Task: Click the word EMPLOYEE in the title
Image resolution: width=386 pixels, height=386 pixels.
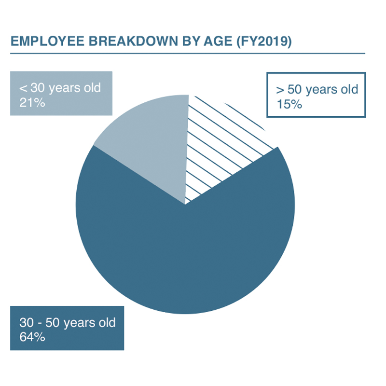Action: tap(47, 41)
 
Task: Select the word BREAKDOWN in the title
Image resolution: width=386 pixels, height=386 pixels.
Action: tap(133, 41)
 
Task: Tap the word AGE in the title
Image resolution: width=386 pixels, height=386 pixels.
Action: tap(218, 41)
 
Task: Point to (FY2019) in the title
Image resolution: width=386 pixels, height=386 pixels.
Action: tap(264, 41)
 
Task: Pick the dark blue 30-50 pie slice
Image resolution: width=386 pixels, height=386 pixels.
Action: tap(185, 246)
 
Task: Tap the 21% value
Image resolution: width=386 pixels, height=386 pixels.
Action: tap(32, 103)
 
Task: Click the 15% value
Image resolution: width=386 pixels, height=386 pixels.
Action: tap(289, 104)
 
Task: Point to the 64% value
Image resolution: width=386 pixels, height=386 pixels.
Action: tap(32, 337)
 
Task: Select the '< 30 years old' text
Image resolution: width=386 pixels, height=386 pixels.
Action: tap(60, 88)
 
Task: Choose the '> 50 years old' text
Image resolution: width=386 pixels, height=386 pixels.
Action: tap(317, 89)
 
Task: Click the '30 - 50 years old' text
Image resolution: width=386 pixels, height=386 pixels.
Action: tap(68, 323)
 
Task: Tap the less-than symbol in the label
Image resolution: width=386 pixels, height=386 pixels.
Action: tap(23, 88)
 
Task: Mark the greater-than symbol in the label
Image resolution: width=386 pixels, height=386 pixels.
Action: tap(280, 90)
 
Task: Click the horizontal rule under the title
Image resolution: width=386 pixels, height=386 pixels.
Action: tap(188, 53)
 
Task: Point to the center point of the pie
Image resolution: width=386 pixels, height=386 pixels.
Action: tap(185, 204)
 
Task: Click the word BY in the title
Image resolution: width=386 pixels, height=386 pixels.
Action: tap(191, 41)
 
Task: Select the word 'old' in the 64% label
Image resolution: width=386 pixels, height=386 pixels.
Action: tap(107, 322)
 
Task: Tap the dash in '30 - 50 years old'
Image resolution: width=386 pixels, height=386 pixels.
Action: tap(40, 323)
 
